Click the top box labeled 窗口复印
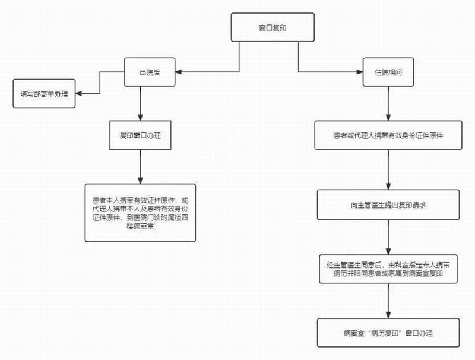(268, 28)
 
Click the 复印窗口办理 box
(141, 135)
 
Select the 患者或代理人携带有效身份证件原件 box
(388, 135)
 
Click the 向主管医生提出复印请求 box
(389, 204)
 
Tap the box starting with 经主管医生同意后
(388, 270)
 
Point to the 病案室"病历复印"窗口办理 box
(389, 333)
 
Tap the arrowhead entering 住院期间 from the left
(360, 72)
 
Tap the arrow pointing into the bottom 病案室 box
(389, 303)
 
